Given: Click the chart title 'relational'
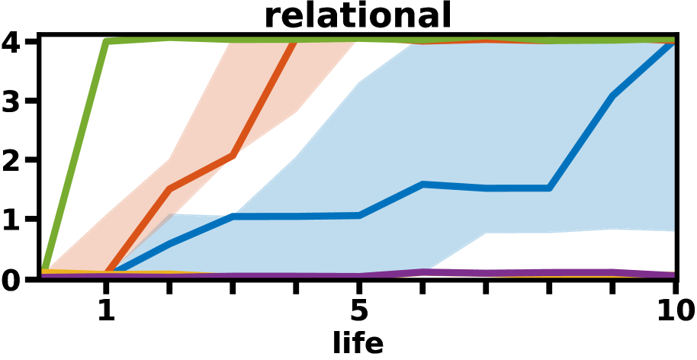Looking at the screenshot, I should tap(358, 15).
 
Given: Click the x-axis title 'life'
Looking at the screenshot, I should tap(358, 342).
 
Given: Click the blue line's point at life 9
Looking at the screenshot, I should tap(612, 96).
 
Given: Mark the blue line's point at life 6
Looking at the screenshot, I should tap(422, 185).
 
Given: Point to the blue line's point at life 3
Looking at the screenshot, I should tap(233, 217).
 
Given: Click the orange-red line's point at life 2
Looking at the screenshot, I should tap(169, 188).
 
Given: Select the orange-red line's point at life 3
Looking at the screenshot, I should tap(233, 156).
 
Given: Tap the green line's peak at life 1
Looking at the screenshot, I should tap(106, 41).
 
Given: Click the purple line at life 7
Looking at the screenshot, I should tap(486, 273).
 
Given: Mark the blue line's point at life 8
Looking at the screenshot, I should tap(549, 188).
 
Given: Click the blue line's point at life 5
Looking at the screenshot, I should tap(359, 215).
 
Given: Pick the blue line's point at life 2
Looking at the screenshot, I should tap(169, 244).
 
